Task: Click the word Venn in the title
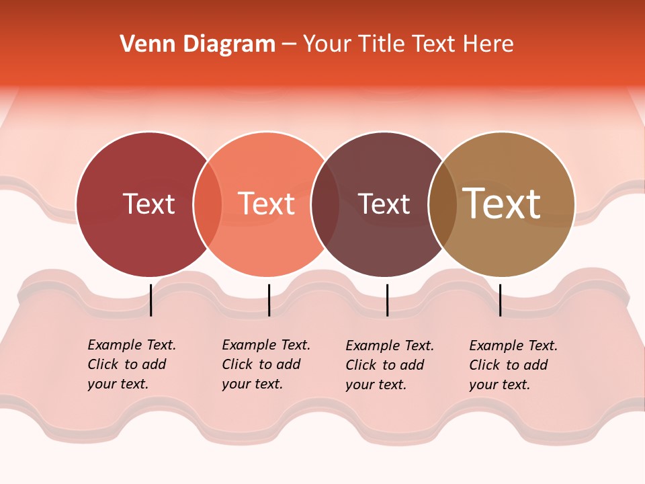pyautogui.click(x=139, y=44)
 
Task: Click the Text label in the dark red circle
pyautogui.click(x=148, y=204)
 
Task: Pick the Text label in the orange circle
pyautogui.click(x=267, y=204)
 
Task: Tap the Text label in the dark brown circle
pyautogui.click(x=384, y=204)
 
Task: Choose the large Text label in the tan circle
pyautogui.click(x=502, y=204)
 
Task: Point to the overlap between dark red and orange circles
pyautogui.click(x=208, y=204)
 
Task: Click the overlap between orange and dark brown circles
pyautogui.click(x=325, y=204)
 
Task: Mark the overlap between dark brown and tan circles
pyautogui.click(x=442, y=204)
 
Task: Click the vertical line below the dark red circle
pyautogui.click(x=150, y=300)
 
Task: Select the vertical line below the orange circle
pyautogui.click(x=269, y=300)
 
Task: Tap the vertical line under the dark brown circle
pyautogui.click(x=387, y=300)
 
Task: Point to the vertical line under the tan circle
pyautogui.click(x=500, y=300)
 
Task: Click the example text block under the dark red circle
pyautogui.click(x=132, y=364)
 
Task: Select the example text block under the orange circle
pyautogui.click(x=266, y=364)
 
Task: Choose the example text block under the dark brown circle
pyautogui.click(x=390, y=365)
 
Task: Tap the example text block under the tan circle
pyautogui.click(x=513, y=365)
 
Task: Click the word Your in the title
pyautogui.click(x=327, y=44)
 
